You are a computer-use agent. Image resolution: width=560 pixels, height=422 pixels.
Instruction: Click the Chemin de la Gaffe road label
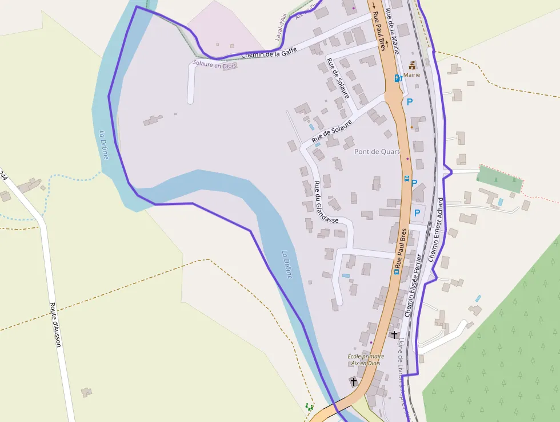point(269,54)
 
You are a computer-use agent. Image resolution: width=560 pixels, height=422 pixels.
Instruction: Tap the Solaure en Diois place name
point(215,64)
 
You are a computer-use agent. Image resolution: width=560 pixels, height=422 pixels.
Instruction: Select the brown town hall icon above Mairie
point(412,65)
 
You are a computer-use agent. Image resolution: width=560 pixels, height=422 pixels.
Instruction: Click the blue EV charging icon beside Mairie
point(398,78)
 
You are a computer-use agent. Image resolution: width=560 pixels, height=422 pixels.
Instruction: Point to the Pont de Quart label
point(377,152)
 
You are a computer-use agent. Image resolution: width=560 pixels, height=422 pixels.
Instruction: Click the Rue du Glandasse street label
point(326,201)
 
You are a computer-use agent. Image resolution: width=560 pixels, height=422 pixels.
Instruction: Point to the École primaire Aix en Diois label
point(366,360)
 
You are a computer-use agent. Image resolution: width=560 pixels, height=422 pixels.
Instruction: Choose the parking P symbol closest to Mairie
point(409,102)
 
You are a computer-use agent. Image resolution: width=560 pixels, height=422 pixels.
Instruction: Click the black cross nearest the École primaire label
point(354,381)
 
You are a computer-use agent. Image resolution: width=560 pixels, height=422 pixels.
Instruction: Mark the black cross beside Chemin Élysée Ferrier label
point(394,334)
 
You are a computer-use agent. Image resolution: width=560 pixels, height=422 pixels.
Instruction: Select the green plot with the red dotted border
point(499,179)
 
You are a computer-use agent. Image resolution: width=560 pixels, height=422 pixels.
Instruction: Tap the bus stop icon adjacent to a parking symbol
point(406,179)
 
